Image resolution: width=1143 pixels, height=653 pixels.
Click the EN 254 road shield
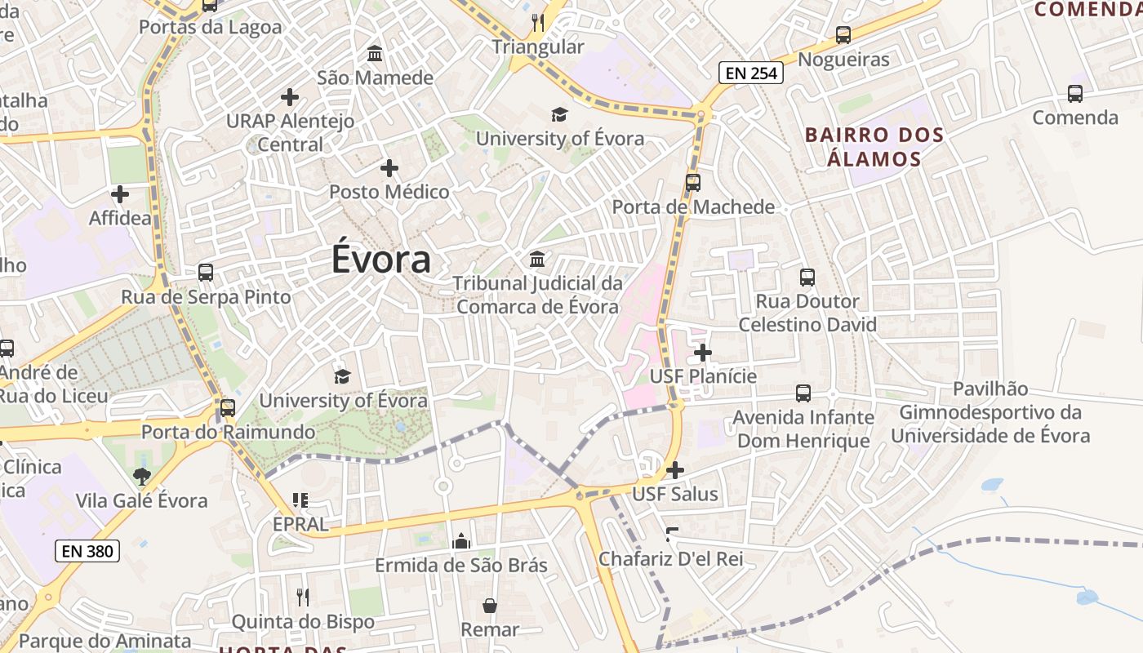(751, 73)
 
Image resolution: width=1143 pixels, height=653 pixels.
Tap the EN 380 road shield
(87, 551)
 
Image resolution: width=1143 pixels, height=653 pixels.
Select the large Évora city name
(381, 260)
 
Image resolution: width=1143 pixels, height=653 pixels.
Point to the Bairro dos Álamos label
(874, 146)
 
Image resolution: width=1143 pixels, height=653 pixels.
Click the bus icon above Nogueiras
(843, 35)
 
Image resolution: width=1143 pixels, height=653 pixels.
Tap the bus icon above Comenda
(1075, 94)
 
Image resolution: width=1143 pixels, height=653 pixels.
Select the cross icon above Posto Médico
(389, 169)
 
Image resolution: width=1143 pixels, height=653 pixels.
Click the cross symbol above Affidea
(120, 194)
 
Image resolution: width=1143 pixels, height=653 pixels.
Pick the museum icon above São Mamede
(375, 54)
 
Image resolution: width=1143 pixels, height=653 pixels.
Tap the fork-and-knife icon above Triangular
(537, 22)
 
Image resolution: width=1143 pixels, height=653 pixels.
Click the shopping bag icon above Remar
(490, 606)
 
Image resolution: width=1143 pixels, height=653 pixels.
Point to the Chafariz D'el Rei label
(671, 559)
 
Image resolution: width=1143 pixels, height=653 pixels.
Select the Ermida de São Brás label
(461, 565)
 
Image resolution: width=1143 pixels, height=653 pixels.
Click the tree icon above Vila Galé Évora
(142, 476)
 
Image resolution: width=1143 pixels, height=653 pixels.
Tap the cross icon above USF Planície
(703, 353)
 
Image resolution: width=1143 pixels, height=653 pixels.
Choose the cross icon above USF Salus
(675, 470)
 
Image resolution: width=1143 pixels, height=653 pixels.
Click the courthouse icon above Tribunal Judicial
(537, 260)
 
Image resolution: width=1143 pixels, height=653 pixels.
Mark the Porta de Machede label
(693, 207)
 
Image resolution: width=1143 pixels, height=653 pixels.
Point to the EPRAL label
(300, 524)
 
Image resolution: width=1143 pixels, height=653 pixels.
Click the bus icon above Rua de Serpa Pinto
(206, 273)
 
